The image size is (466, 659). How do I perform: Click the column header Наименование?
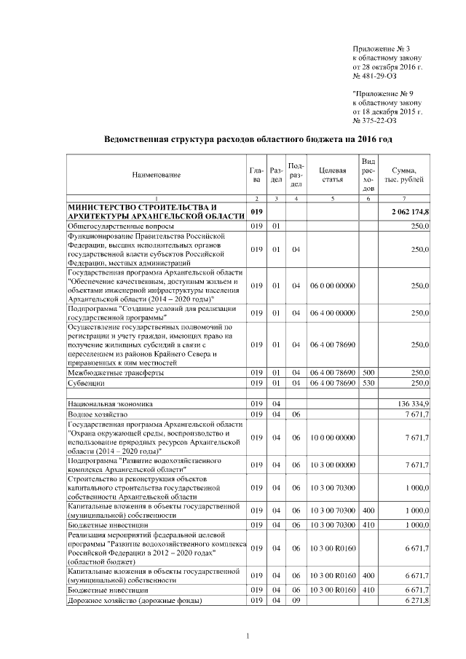(157, 175)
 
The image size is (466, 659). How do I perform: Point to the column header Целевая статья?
(332, 175)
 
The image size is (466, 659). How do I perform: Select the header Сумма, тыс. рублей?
(404, 175)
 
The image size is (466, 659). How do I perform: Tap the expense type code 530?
(368, 382)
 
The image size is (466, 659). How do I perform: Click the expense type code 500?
(368, 372)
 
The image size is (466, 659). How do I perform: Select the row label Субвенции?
(86, 382)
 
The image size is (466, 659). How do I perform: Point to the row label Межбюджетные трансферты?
(115, 372)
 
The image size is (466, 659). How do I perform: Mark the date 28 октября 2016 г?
(392, 66)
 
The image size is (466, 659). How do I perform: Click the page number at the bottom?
(248, 638)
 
